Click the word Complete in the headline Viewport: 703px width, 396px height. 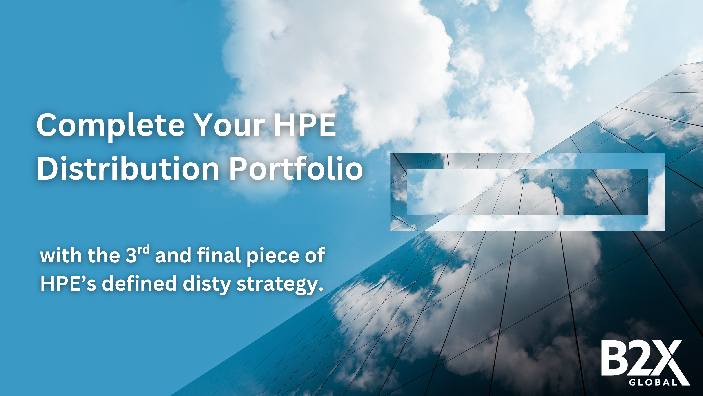[111, 125]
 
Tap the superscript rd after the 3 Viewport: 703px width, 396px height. [143, 250]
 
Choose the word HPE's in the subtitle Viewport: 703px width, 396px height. [68, 283]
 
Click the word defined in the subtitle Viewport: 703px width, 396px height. [139, 283]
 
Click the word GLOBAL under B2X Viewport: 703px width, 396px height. [653, 382]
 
